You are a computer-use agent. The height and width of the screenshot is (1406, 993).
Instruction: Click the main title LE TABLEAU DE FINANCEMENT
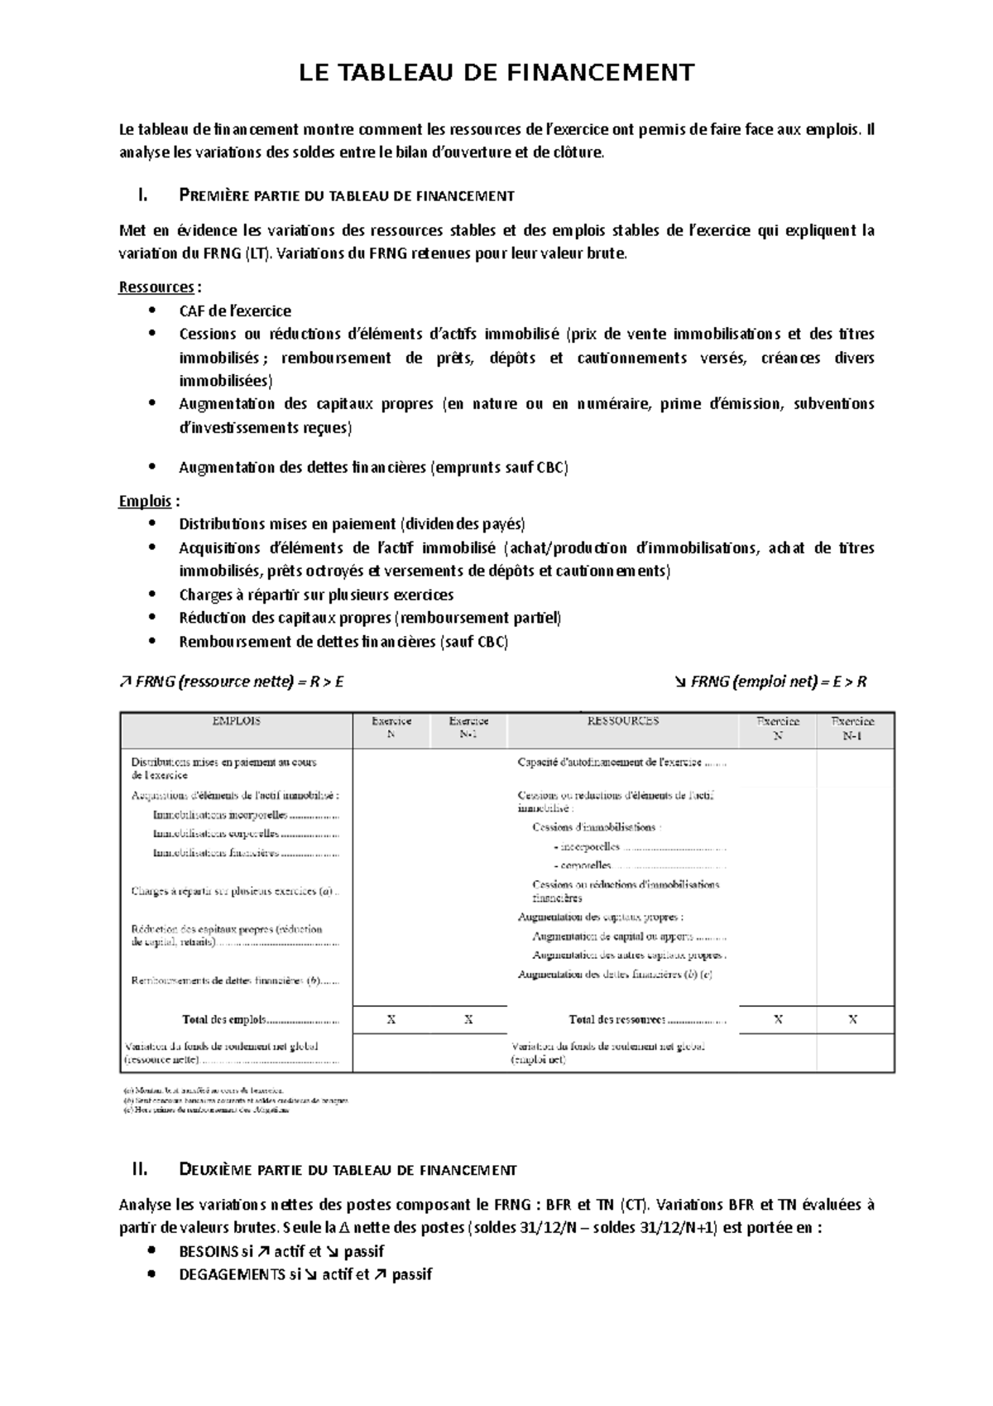coord(496,73)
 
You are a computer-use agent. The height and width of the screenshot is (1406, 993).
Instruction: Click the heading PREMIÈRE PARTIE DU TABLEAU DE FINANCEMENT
coord(347,196)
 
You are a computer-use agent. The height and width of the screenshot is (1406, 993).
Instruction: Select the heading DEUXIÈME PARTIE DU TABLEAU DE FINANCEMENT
coord(348,1170)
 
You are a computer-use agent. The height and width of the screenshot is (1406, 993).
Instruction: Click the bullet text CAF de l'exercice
coord(235,311)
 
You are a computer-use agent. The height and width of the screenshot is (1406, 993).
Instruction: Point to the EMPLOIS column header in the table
coord(237,721)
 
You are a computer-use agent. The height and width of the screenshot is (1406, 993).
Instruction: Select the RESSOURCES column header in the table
coord(622,721)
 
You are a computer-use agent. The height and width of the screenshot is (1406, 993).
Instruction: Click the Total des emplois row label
coord(260,1020)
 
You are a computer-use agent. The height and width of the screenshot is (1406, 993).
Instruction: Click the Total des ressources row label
coord(646,1020)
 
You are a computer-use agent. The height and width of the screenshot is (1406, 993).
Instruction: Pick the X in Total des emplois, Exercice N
coord(391,1020)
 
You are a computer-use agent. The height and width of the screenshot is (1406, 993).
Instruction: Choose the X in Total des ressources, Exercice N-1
coord(853,1020)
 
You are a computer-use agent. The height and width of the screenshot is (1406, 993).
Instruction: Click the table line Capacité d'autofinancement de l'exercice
coord(621,762)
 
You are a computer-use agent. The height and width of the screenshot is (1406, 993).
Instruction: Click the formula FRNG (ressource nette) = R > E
coord(231,682)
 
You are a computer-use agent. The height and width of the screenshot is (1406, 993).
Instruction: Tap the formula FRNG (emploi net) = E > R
coord(770,682)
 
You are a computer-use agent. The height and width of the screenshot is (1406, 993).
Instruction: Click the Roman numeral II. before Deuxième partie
coord(139,1170)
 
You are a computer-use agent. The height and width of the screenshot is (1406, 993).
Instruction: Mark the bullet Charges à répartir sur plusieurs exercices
coord(316,595)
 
